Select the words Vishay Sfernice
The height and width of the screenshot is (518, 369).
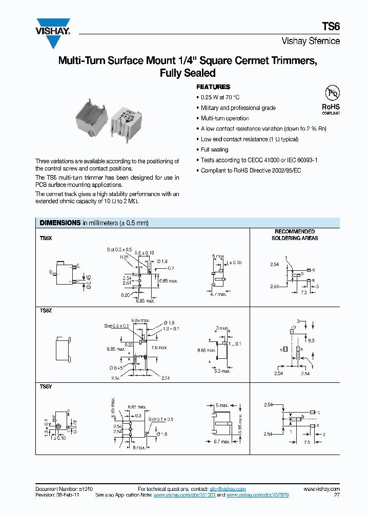[x=311, y=41]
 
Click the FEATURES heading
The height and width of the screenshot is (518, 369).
[x=213, y=87]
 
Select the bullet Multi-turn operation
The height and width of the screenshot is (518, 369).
[x=224, y=118]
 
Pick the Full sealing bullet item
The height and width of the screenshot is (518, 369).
[x=214, y=149]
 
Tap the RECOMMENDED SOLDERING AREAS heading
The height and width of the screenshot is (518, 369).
[x=295, y=235]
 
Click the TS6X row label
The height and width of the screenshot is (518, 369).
[x=46, y=238]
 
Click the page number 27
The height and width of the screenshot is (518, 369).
[x=337, y=495]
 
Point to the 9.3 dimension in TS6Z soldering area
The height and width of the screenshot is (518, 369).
[x=311, y=339]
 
